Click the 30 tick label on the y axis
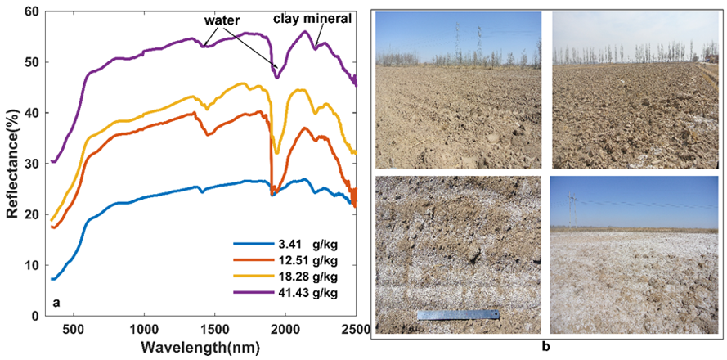(32, 164)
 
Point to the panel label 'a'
(56, 303)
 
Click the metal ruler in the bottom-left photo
(458, 315)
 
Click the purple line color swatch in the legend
(249, 293)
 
